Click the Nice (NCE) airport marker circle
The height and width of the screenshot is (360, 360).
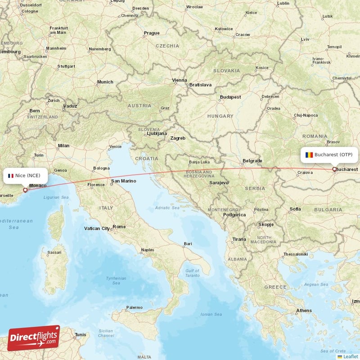point(25,190)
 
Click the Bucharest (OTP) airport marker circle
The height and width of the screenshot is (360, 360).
point(334,170)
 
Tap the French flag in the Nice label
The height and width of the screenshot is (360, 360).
point(11,175)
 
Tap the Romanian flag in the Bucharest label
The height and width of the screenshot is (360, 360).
point(309,154)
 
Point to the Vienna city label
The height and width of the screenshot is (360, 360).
point(179,81)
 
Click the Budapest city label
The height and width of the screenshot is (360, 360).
point(230,97)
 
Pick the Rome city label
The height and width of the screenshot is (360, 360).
point(119,227)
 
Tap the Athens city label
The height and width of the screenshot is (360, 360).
point(304,311)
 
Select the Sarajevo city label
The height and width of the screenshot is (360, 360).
point(219,183)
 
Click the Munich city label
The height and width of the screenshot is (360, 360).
point(105,82)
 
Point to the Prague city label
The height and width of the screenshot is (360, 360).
point(152,33)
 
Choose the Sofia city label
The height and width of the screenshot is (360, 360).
point(295,209)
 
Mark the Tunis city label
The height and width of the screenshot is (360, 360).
point(81,335)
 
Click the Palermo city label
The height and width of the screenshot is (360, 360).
point(134,308)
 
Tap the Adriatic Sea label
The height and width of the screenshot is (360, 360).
point(167,208)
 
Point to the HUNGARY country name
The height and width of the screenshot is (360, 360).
point(220,116)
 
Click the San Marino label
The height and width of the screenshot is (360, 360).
point(123,181)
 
